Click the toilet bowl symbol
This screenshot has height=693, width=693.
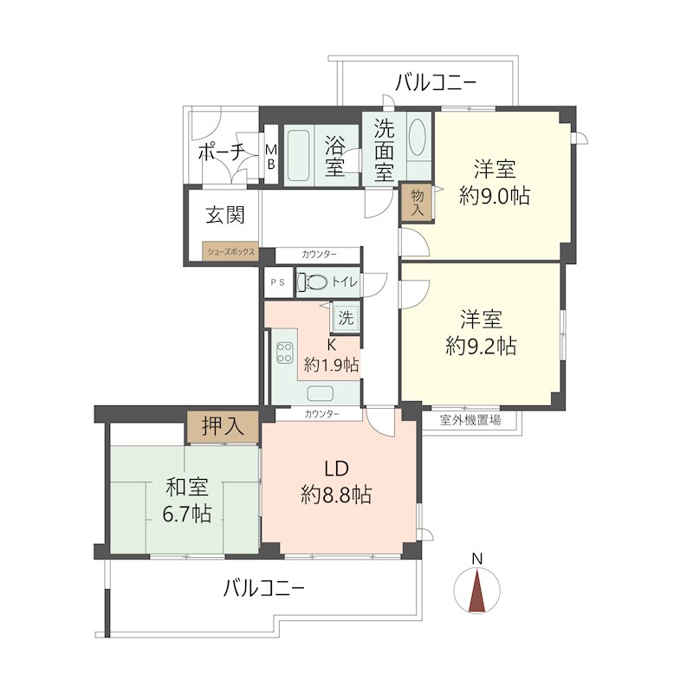[x=313, y=282]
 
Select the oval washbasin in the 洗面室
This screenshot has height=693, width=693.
[x=418, y=136]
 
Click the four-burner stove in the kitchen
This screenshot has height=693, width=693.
[x=284, y=353]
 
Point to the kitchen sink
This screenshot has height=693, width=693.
[x=320, y=392]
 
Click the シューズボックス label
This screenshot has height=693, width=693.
[x=231, y=252]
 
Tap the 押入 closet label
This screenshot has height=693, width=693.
[x=223, y=426]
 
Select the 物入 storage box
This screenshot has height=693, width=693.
[x=418, y=202]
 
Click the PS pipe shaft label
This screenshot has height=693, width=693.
[x=278, y=282]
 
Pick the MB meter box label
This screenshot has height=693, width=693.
[x=271, y=157]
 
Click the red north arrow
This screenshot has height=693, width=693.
[x=477, y=592]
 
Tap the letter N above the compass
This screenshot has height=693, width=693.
[x=477, y=559]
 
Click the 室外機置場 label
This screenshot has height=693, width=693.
[x=470, y=420]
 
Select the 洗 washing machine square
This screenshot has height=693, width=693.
[x=346, y=317]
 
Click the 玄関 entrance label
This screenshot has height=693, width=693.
[x=225, y=215]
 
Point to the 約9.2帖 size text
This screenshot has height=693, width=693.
[x=481, y=346]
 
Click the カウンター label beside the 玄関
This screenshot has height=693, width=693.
[x=319, y=255]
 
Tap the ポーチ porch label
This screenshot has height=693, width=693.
[x=221, y=152]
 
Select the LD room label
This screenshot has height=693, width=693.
[x=337, y=469]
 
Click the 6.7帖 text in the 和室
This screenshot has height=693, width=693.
[x=187, y=514]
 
